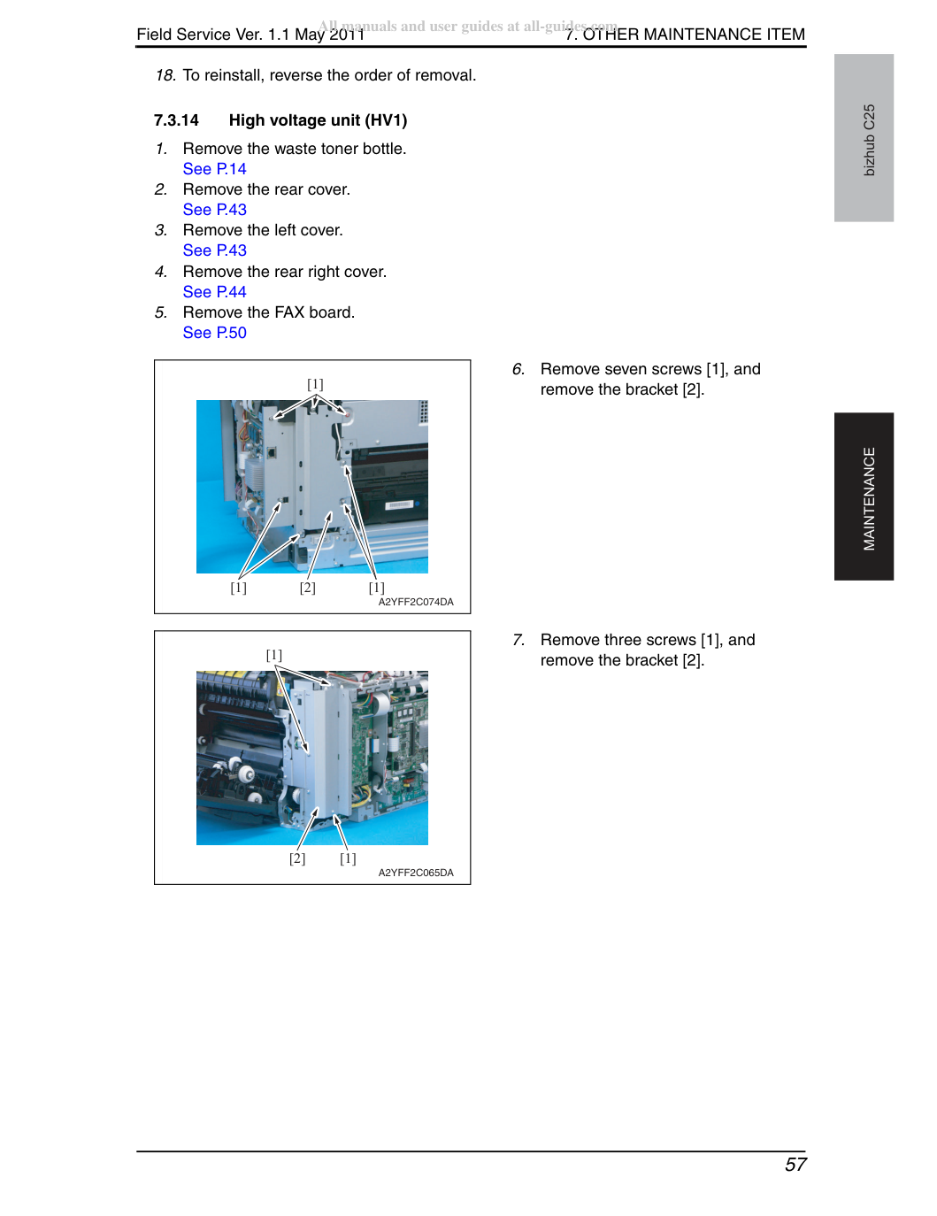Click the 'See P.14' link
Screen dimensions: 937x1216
coord(214,169)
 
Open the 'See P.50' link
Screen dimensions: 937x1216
coord(214,333)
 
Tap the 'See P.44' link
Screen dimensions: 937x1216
coord(214,291)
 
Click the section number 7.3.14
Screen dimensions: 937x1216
coord(176,120)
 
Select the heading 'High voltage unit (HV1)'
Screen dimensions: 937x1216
coord(318,120)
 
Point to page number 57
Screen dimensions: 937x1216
coord(795,1164)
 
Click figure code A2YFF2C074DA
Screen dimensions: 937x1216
coord(416,602)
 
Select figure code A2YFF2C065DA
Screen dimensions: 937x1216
coord(416,873)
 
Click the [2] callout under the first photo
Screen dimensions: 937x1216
coord(307,588)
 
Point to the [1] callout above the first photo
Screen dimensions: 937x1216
coord(315,384)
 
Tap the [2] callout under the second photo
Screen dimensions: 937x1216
coord(297,858)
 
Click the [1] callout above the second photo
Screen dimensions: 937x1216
coord(274,655)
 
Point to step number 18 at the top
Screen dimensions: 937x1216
coord(165,75)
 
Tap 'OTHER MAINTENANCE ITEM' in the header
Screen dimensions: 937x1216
coord(694,35)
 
